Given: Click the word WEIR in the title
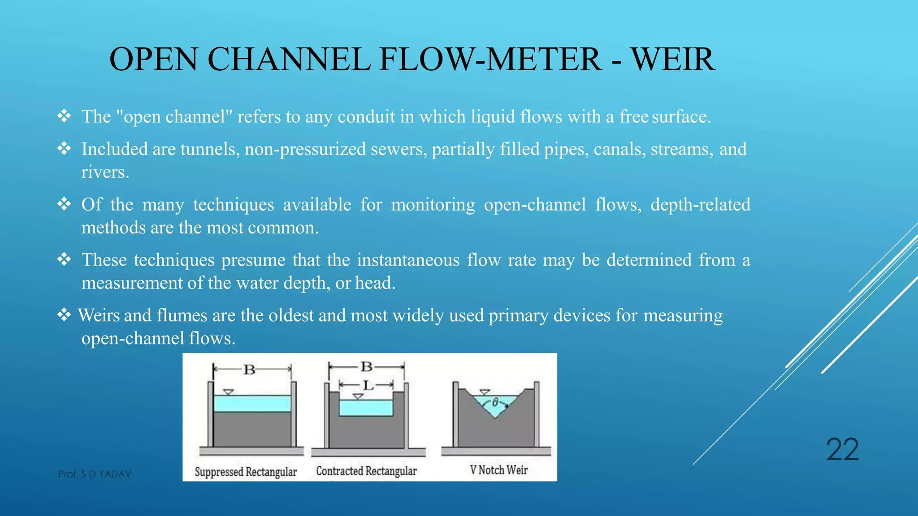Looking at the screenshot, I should (x=673, y=60).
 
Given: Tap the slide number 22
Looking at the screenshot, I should (x=842, y=450).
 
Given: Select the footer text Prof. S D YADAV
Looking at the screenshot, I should (x=95, y=474).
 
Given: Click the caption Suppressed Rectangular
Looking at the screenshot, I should (x=246, y=472).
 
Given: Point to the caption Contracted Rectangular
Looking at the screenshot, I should (x=366, y=471).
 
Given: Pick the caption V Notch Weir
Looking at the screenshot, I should (x=498, y=470).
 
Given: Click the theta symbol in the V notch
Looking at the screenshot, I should (x=495, y=403).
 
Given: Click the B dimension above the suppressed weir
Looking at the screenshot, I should (x=249, y=370).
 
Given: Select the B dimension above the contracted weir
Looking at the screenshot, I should (x=367, y=367).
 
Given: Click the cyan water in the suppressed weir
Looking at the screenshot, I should (x=252, y=404).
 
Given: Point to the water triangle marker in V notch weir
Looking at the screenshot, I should (x=485, y=392).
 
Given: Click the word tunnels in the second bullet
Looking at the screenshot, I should (x=210, y=149).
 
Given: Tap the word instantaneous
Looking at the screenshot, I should (x=408, y=260).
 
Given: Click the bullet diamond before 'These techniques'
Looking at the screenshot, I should (x=64, y=259).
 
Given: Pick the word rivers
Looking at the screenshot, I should (x=105, y=172).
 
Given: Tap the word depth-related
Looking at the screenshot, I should (x=700, y=205).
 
